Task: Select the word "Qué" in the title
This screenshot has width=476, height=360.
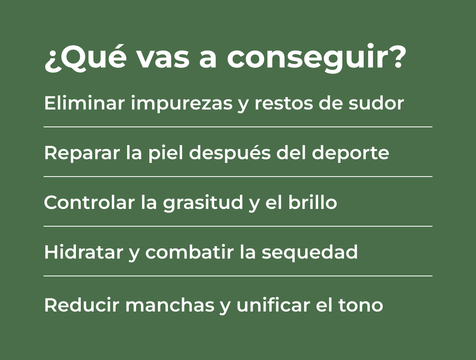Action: (91, 56)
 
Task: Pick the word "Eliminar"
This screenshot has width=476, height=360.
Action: (84, 103)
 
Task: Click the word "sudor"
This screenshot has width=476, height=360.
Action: (376, 103)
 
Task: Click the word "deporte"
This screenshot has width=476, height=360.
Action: (350, 154)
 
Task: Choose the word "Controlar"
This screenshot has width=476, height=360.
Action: (89, 202)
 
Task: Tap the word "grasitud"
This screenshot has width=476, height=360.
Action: (203, 203)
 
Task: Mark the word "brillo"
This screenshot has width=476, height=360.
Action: (312, 202)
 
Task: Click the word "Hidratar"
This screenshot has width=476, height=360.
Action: (84, 252)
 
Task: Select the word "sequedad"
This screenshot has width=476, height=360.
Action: (310, 253)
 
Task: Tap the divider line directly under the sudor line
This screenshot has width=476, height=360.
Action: (238, 127)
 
